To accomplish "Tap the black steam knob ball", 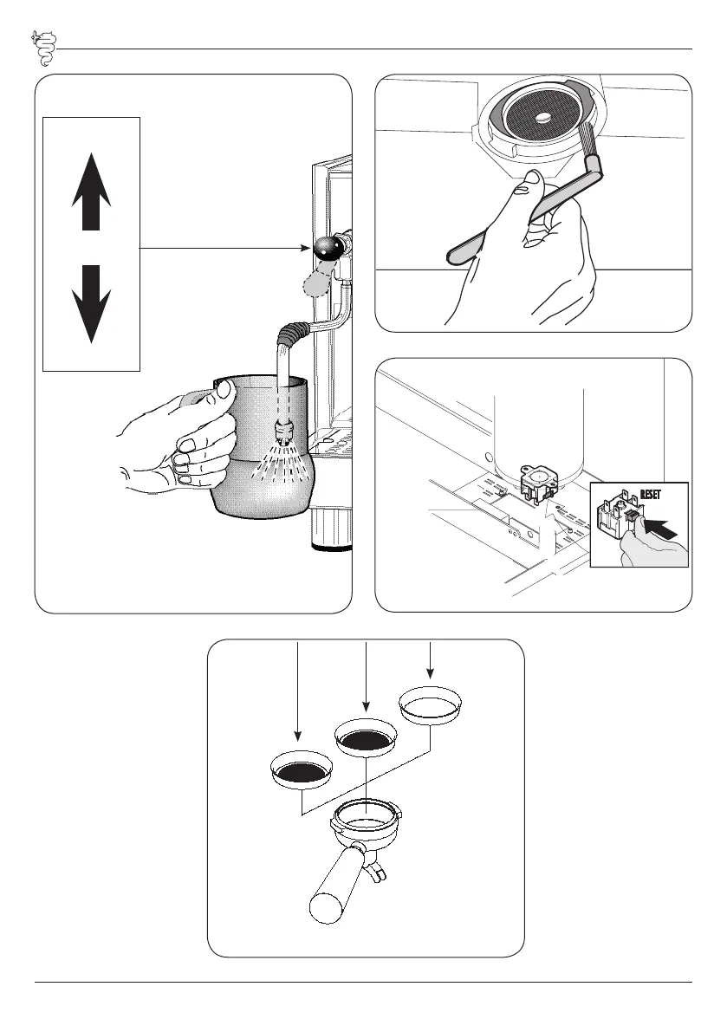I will pyautogui.click(x=327, y=249).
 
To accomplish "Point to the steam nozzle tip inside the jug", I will pyautogui.click(x=282, y=429).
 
